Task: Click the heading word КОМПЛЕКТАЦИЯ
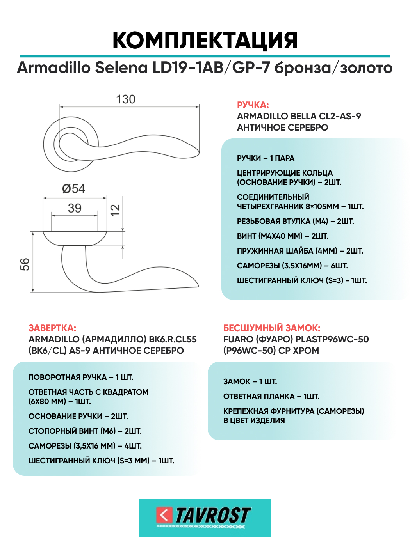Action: [x=205, y=40]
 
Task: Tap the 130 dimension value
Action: [x=126, y=99]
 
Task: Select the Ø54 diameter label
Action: [x=73, y=189]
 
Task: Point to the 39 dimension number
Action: [x=75, y=208]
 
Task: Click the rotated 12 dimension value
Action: [x=115, y=210]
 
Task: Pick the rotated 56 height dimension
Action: [x=25, y=264]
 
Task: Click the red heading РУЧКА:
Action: [x=253, y=105]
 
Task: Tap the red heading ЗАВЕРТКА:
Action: [x=52, y=328]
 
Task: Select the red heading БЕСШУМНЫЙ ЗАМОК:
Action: [x=272, y=328]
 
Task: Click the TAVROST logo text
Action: [x=213, y=516]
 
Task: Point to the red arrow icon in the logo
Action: [x=164, y=515]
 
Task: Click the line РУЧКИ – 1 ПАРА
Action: [x=266, y=158]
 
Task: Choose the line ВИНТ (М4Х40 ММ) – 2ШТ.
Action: [x=282, y=236]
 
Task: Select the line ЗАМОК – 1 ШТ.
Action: [x=250, y=381]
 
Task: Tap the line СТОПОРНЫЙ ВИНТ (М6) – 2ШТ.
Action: [x=85, y=431]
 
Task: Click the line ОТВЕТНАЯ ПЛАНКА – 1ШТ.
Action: [x=271, y=396]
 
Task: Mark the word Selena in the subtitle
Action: [x=121, y=67]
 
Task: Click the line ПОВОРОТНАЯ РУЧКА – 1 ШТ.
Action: [x=81, y=377]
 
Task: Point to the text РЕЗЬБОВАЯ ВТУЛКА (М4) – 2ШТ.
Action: [x=295, y=221]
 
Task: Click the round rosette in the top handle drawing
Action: [x=51, y=156]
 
